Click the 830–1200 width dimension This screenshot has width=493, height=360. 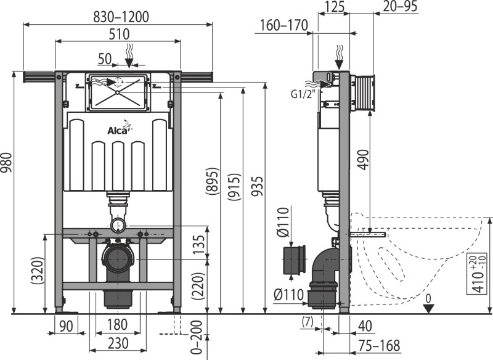coord(121,17)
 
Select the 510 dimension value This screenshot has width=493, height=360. coord(119,34)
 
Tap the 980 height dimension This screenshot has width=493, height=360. coord(7,163)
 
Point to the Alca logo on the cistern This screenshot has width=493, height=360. coord(120,128)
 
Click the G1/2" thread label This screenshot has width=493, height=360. coord(303,94)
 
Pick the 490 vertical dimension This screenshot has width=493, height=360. coord(364,160)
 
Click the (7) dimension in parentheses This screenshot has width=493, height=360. coord(307,322)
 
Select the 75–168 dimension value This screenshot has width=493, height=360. coord(380,346)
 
